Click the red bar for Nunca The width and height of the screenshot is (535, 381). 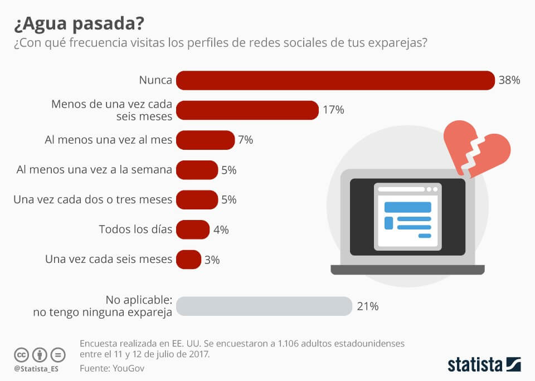click(x=335, y=80)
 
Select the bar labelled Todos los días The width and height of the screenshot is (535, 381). click(x=192, y=229)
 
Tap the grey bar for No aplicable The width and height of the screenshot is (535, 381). click(x=264, y=306)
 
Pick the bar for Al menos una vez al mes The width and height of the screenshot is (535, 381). click(x=205, y=140)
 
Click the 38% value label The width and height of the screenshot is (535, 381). click(x=509, y=80)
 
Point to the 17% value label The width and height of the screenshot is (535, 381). click(x=333, y=110)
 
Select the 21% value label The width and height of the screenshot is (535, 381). click(x=368, y=306)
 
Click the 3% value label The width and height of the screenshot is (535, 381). click(x=212, y=260)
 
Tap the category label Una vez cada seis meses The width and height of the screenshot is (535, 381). click(x=108, y=260)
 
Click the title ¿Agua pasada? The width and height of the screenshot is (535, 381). click(x=77, y=24)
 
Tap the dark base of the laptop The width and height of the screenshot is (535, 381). click(x=407, y=270)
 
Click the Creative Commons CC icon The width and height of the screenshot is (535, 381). click(x=21, y=354)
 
